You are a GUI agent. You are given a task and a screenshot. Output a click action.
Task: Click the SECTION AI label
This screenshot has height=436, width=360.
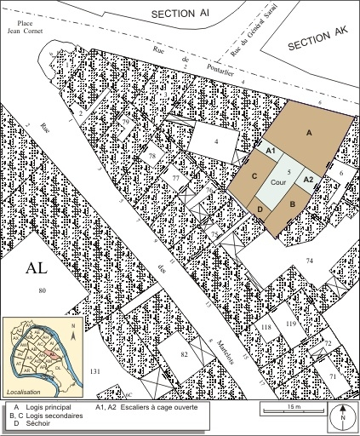coord(180,14)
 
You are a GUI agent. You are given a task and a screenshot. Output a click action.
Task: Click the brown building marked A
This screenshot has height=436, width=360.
coord(309,134)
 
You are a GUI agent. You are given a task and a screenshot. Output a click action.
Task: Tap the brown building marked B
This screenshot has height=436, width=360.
coord(293,205)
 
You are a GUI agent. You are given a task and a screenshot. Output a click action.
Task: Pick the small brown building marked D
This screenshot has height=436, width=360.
coord(259,209)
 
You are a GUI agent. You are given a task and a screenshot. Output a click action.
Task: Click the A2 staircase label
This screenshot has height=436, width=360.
coord(309,179)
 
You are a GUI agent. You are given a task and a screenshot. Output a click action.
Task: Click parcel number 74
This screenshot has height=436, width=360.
coord(310,259)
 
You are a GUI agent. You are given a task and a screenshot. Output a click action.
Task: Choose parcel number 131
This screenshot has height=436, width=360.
coord(95,373)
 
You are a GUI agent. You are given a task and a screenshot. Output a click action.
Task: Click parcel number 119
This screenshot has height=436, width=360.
coord(290,324)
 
